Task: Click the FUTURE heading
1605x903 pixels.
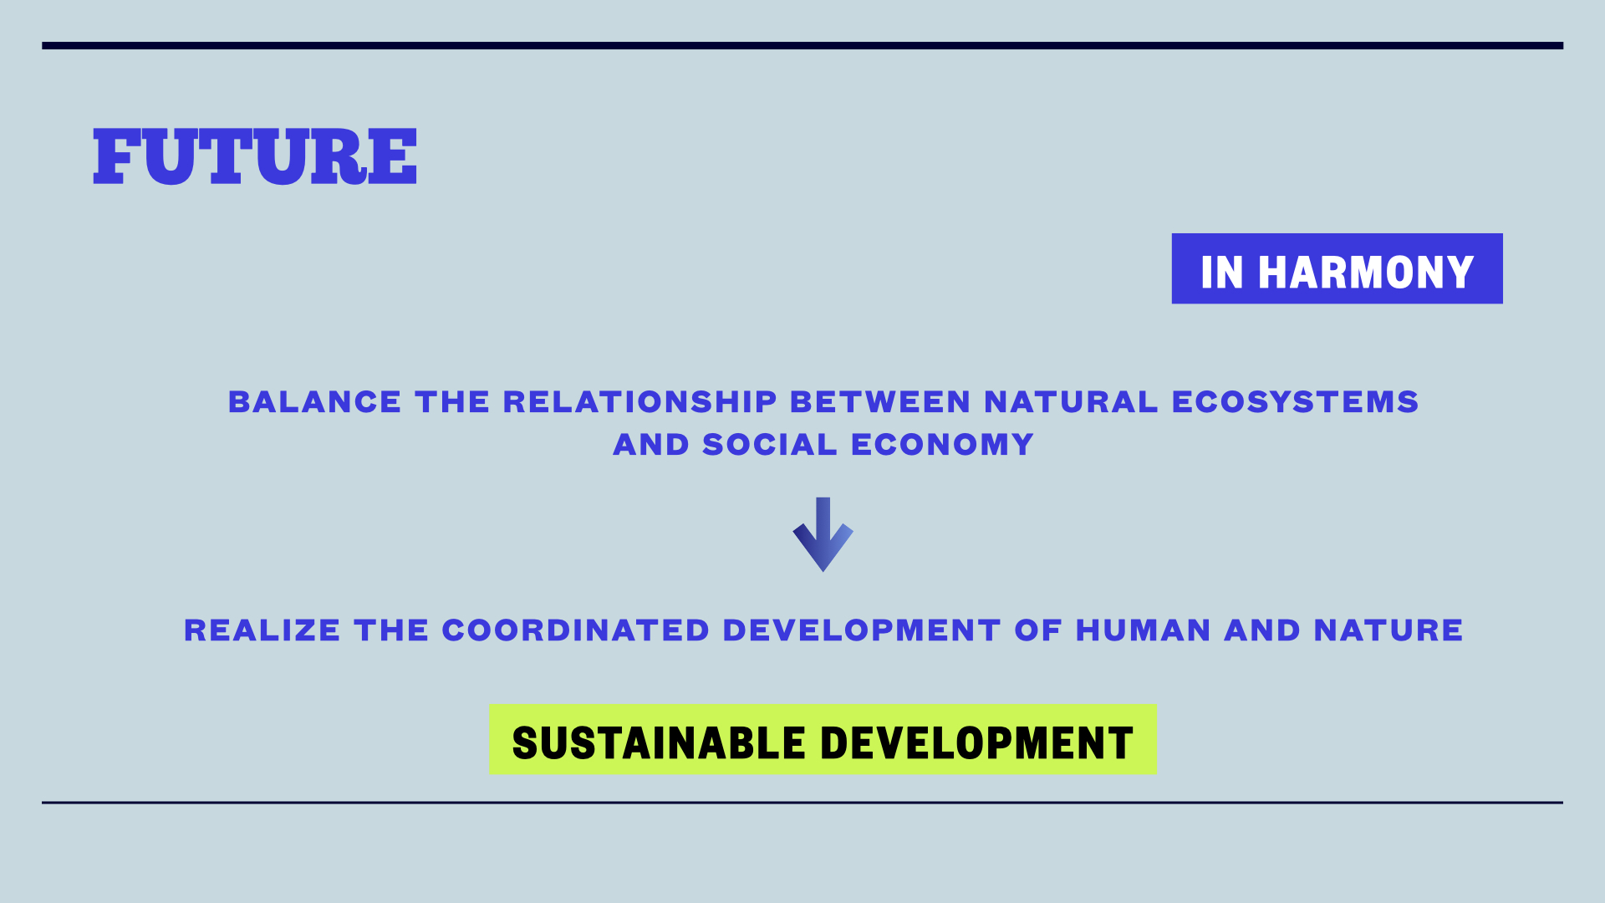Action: tap(255, 156)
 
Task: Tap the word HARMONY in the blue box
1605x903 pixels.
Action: tap(1366, 273)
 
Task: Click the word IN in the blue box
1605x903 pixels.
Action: tap(1222, 273)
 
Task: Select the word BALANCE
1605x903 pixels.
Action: tap(314, 402)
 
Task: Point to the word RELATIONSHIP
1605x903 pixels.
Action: tap(640, 402)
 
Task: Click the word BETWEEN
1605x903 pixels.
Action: tap(880, 402)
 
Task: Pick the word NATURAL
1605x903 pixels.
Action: tap(1071, 402)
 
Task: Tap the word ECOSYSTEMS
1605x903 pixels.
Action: tap(1295, 402)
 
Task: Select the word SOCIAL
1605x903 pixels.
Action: tap(770, 445)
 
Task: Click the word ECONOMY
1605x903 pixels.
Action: tap(942, 445)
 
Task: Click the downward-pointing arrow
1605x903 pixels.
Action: tap(823, 535)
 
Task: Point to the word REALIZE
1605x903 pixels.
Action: tap(262, 630)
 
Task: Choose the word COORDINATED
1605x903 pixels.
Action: tap(576, 630)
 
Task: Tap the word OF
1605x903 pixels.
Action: tap(1038, 630)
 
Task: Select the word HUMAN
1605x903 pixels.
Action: tap(1143, 630)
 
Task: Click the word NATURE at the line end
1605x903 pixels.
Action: tap(1388, 630)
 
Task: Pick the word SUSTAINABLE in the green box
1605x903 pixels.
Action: tap(659, 743)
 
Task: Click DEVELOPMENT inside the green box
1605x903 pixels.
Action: tap(976, 743)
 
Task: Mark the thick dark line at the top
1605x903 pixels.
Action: tap(802, 46)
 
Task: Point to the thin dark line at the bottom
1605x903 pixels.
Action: tap(802, 803)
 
